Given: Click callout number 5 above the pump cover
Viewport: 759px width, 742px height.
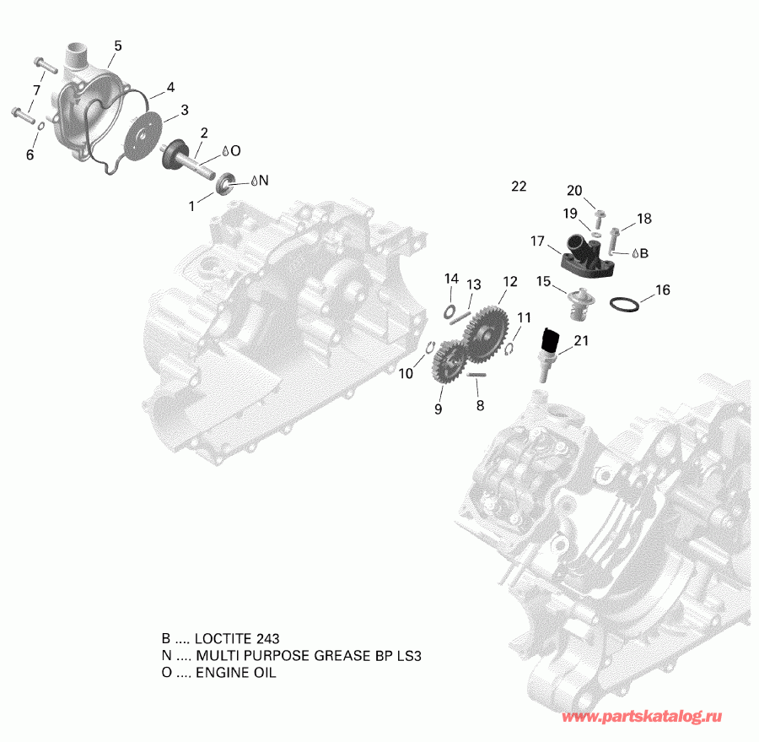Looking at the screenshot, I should point(117,46).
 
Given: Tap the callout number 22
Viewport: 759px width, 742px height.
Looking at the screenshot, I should point(518,187).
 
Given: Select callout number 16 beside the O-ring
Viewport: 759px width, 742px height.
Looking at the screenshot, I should point(662,290).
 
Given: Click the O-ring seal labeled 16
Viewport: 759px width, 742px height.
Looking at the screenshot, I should point(622,303).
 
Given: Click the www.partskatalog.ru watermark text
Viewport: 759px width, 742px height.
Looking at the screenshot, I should point(643,717).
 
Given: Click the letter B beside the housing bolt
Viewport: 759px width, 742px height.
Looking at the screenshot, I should point(643,252).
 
